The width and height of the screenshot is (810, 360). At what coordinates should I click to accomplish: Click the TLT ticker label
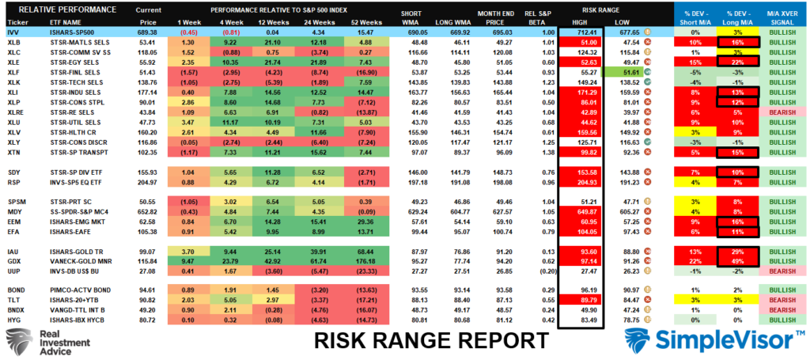[x=13, y=300]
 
